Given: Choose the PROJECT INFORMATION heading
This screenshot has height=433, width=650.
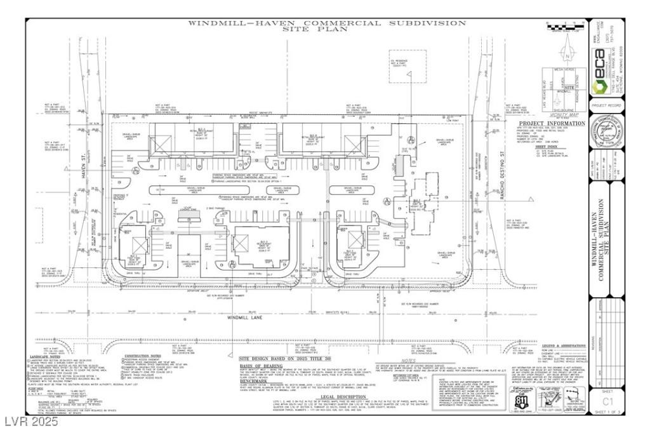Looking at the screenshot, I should pyautogui.click(x=552, y=123).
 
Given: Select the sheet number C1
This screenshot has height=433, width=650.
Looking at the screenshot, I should pyautogui.click(x=608, y=401).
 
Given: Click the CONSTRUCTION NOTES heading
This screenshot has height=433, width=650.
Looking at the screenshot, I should pyautogui.click(x=143, y=356).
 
